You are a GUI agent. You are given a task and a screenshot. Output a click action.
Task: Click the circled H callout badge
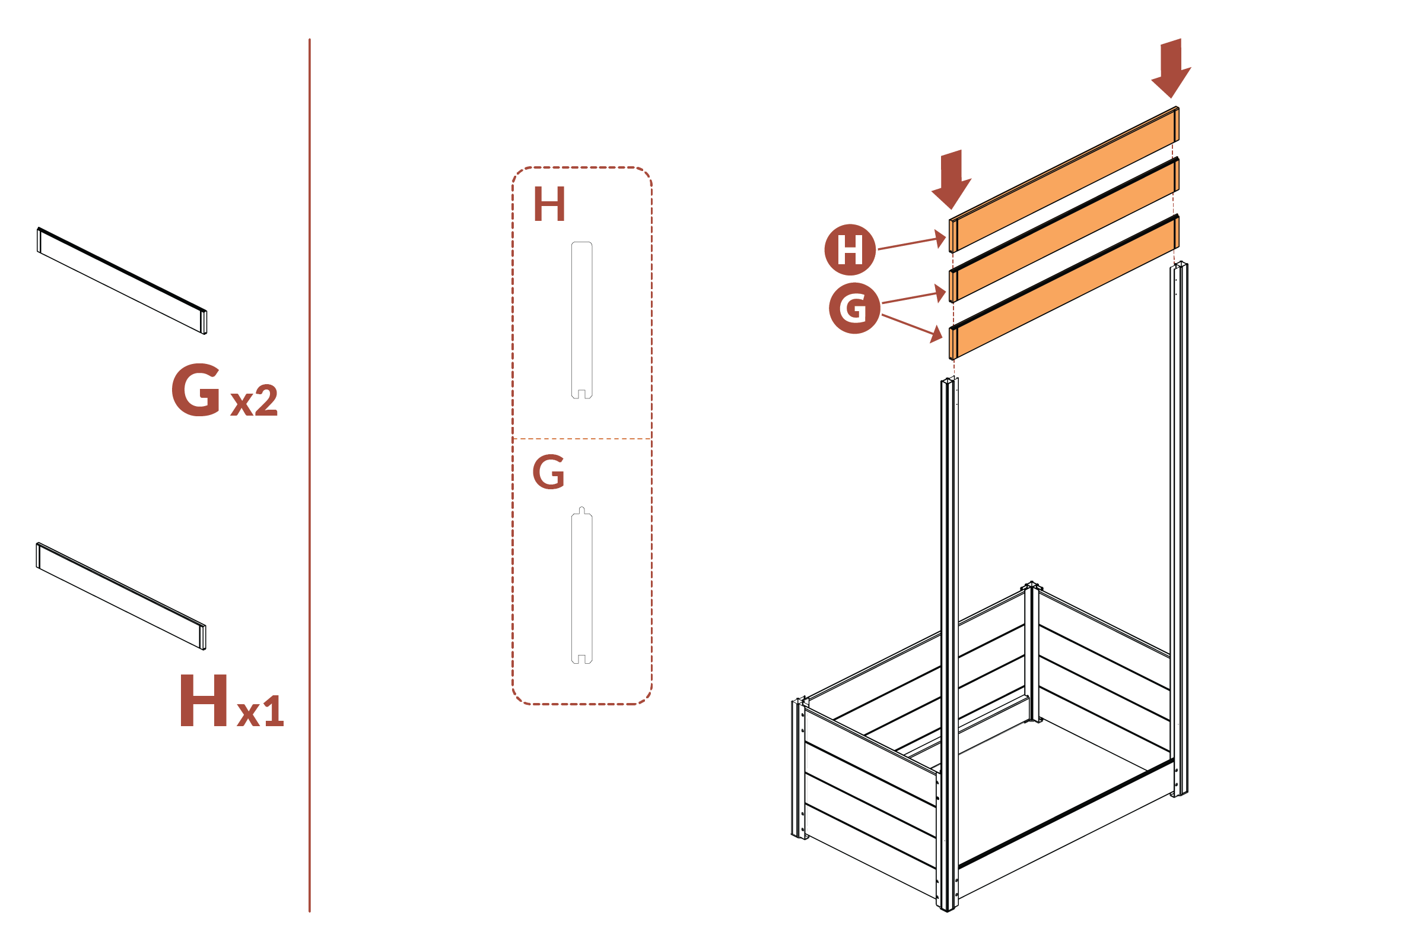click(x=850, y=249)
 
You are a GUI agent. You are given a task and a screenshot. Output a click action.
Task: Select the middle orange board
click(x=1064, y=232)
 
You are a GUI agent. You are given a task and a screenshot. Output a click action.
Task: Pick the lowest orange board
click(x=1064, y=287)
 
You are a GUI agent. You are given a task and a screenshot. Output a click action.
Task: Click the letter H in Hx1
click(x=204, y=701)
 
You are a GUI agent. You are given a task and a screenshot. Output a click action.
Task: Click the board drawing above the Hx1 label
click(x=121, y=596)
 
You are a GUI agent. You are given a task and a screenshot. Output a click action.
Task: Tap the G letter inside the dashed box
click(x=548, y=472)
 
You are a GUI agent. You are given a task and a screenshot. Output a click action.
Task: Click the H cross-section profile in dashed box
click(x=582, y=320)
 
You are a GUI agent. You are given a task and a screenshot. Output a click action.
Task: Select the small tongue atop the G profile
click(x=582, y=510)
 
